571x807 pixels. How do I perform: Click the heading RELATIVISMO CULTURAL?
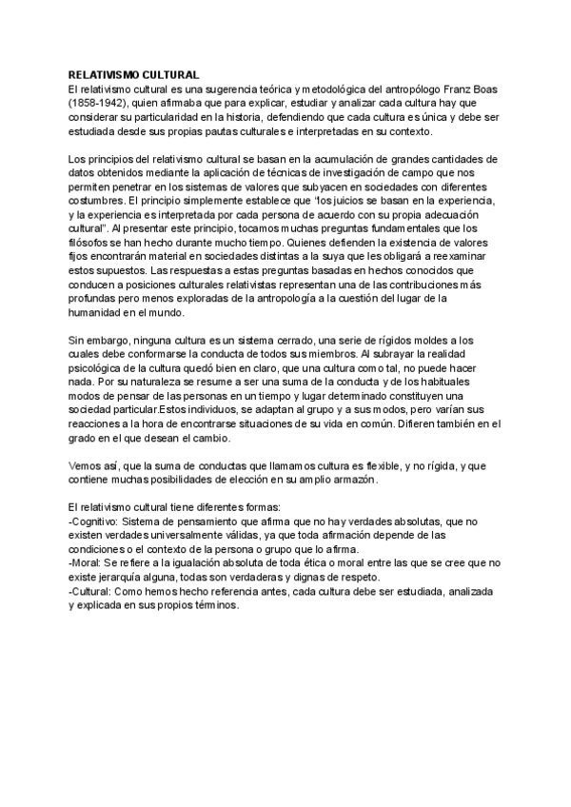click(x=134, y=74)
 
